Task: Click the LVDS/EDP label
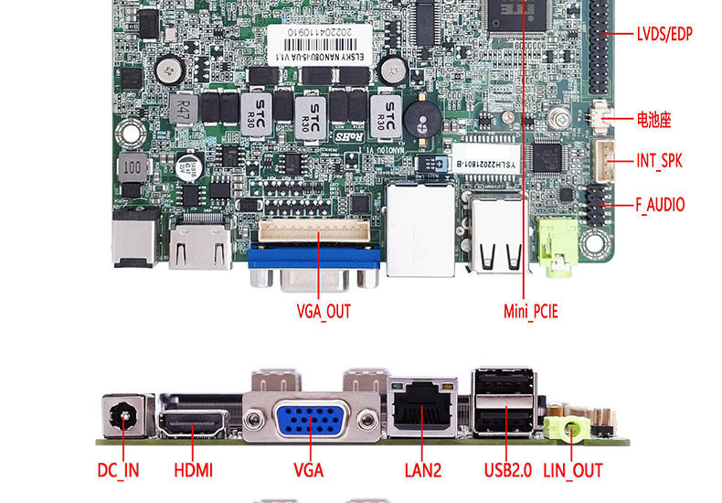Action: tap(664, 35)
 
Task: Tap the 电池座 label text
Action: tap(653, 119)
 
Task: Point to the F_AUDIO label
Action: tap(660, 205)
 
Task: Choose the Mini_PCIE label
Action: tap(530, 312)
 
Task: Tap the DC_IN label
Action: tap(119, 471)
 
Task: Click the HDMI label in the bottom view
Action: tap(193, 471)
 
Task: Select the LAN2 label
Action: tap(423, 471)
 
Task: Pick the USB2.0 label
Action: tap(507, 471)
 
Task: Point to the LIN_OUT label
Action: tap(573, 471)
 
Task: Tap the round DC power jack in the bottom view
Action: tap(122, 419)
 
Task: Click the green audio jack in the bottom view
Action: tap(568, 426)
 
